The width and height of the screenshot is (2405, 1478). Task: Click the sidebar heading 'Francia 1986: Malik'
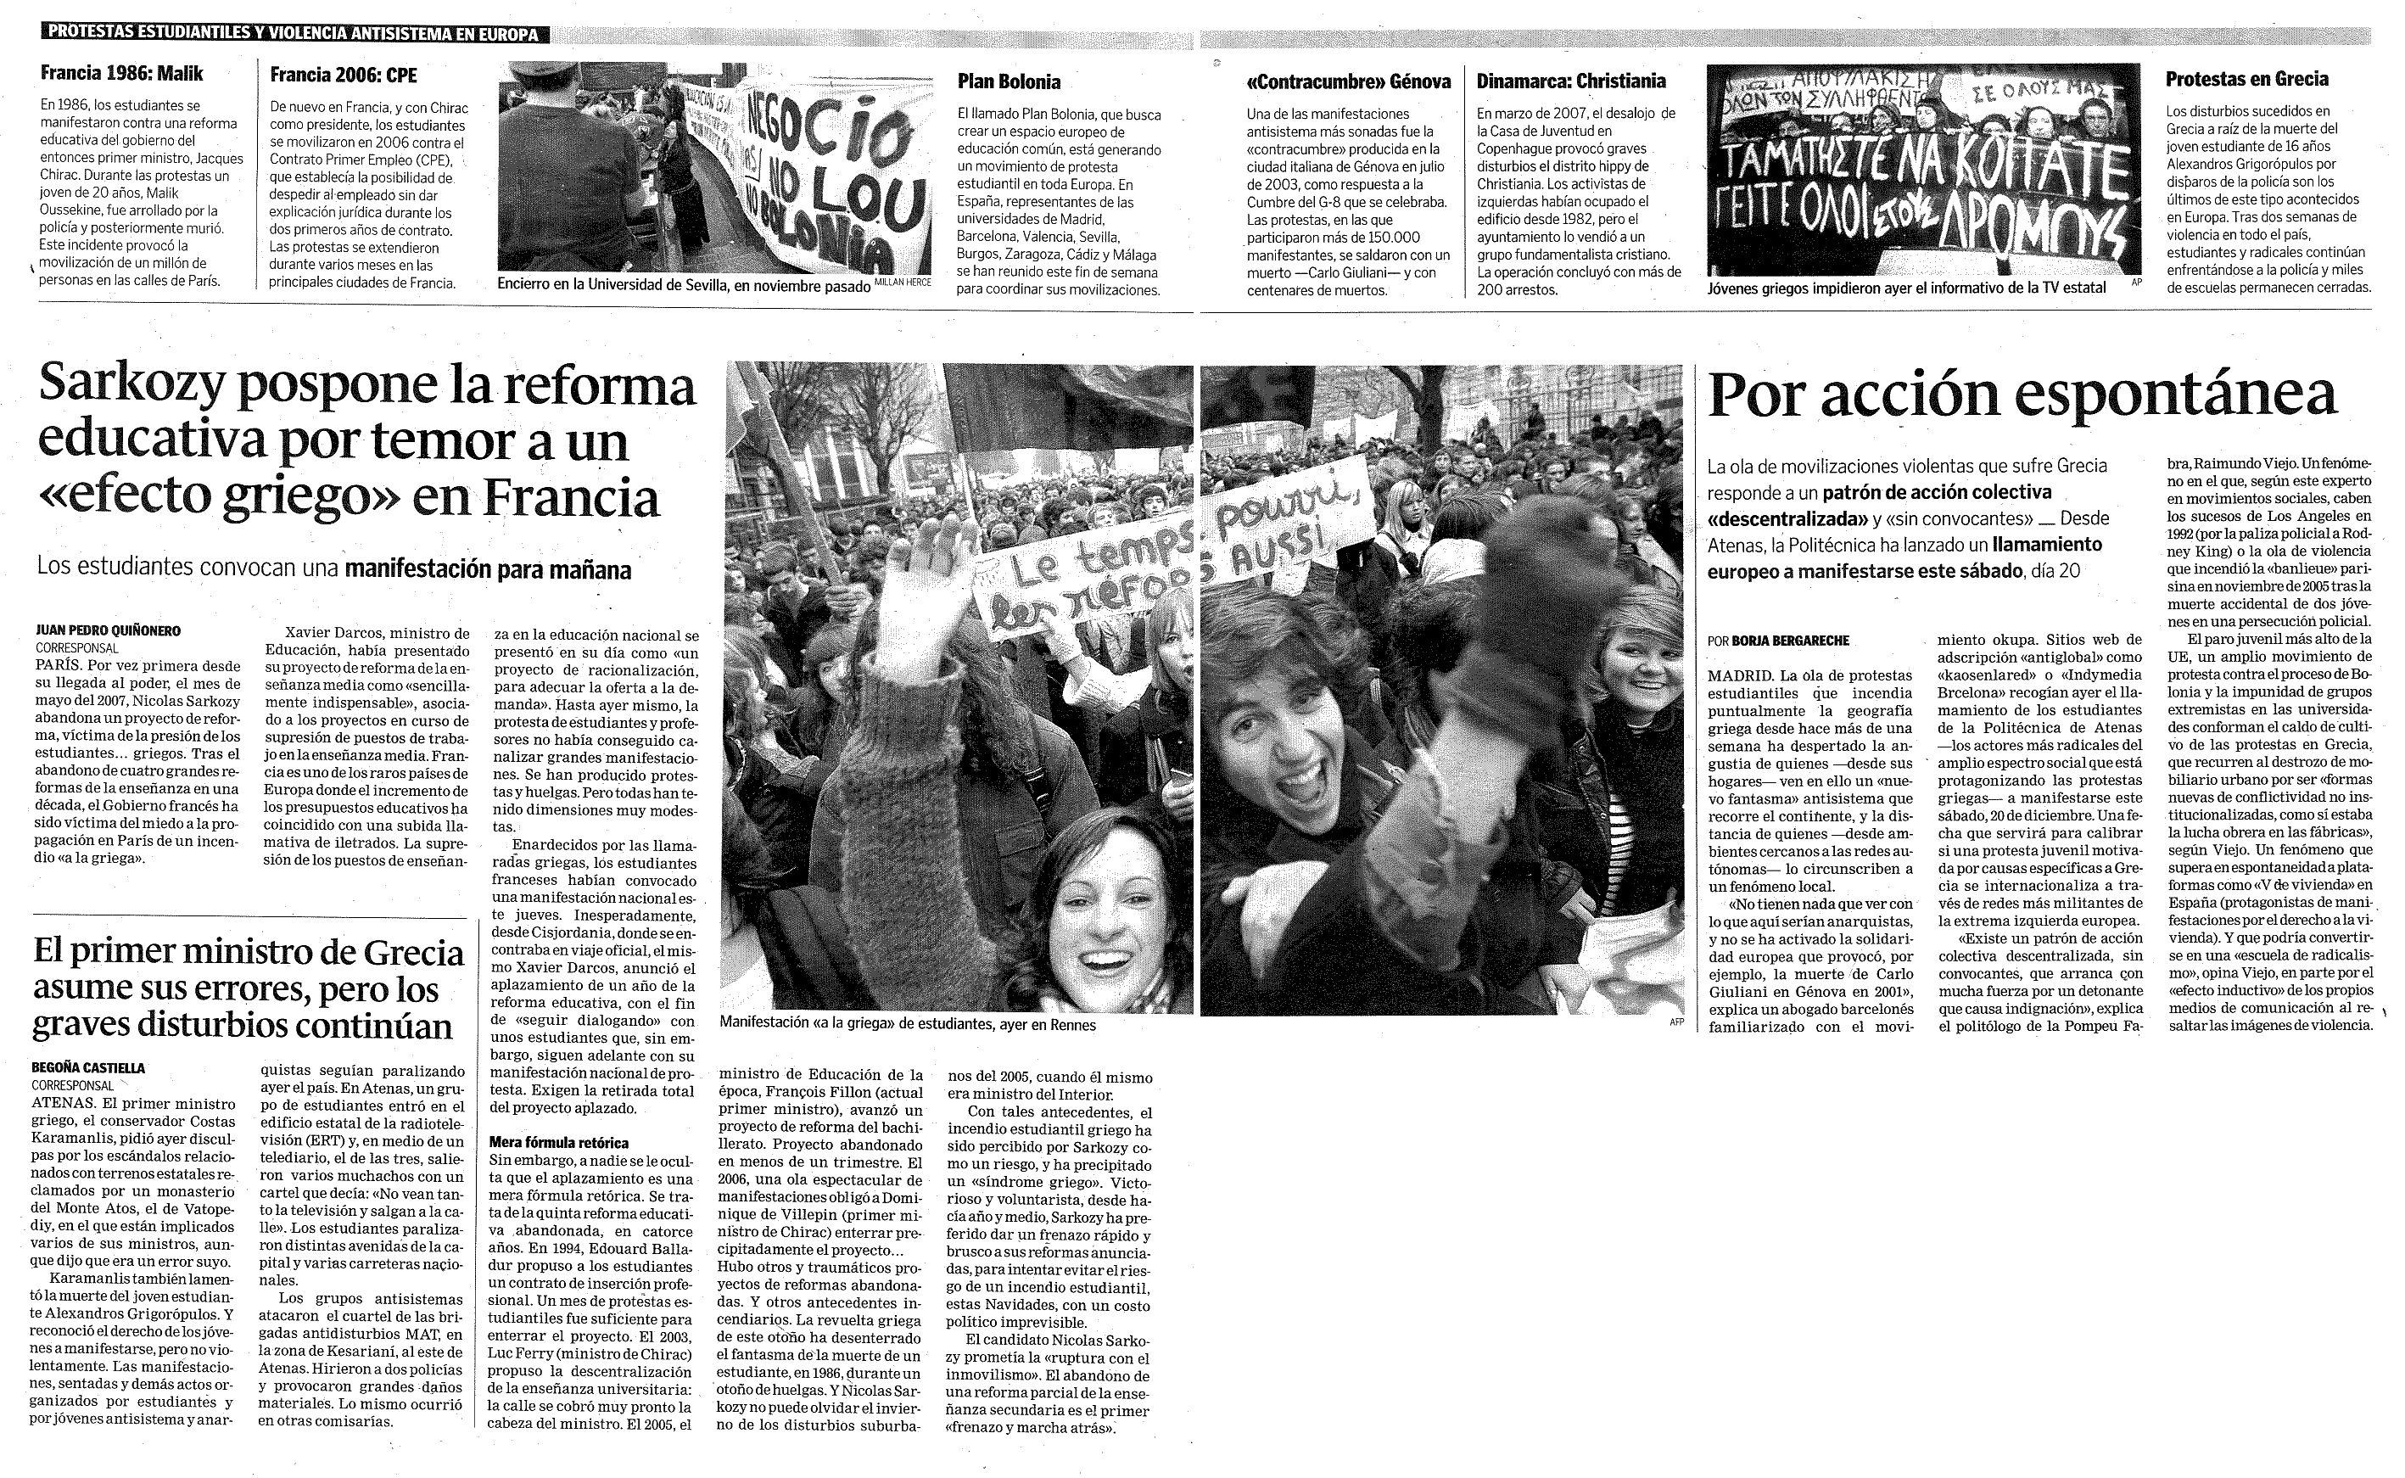pos(122,73)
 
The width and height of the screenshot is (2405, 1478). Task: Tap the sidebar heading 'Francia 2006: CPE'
pos(343,76)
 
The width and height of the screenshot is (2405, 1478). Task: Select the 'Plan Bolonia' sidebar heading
pos(1009,82)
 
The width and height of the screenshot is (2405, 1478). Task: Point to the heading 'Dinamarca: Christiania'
pos(1570,81)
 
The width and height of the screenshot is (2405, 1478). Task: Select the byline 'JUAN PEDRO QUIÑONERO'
pos(109,631)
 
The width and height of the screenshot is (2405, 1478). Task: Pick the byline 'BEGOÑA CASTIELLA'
pos(88,1068)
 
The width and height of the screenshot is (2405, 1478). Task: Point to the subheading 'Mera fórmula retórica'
pos(559,1142)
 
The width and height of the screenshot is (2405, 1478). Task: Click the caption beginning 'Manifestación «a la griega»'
pos(907,1024)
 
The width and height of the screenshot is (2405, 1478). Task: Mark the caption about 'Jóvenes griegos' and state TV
pos(1905,288)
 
